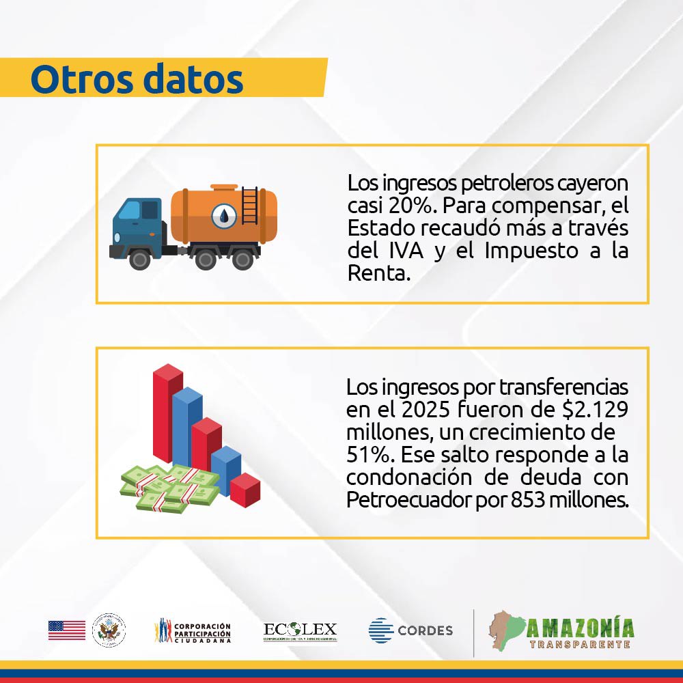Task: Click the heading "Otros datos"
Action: pos(137,79)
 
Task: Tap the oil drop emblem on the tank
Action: pos(224,216)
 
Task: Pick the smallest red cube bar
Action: pos(245,489)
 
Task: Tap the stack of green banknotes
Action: pos(167,486)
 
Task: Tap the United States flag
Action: pos(66,630)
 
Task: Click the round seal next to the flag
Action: pos(109,630)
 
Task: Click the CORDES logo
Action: pos(410,630)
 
